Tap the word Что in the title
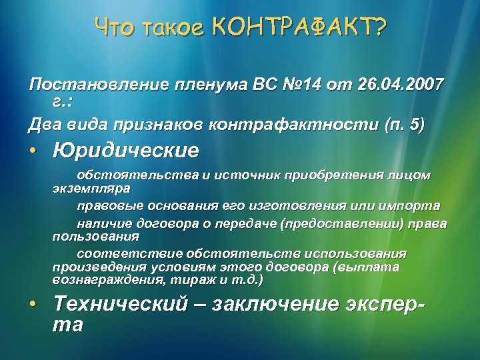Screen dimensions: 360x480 [x=114, y=27]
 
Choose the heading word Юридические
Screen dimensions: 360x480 [x=126, y=151]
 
